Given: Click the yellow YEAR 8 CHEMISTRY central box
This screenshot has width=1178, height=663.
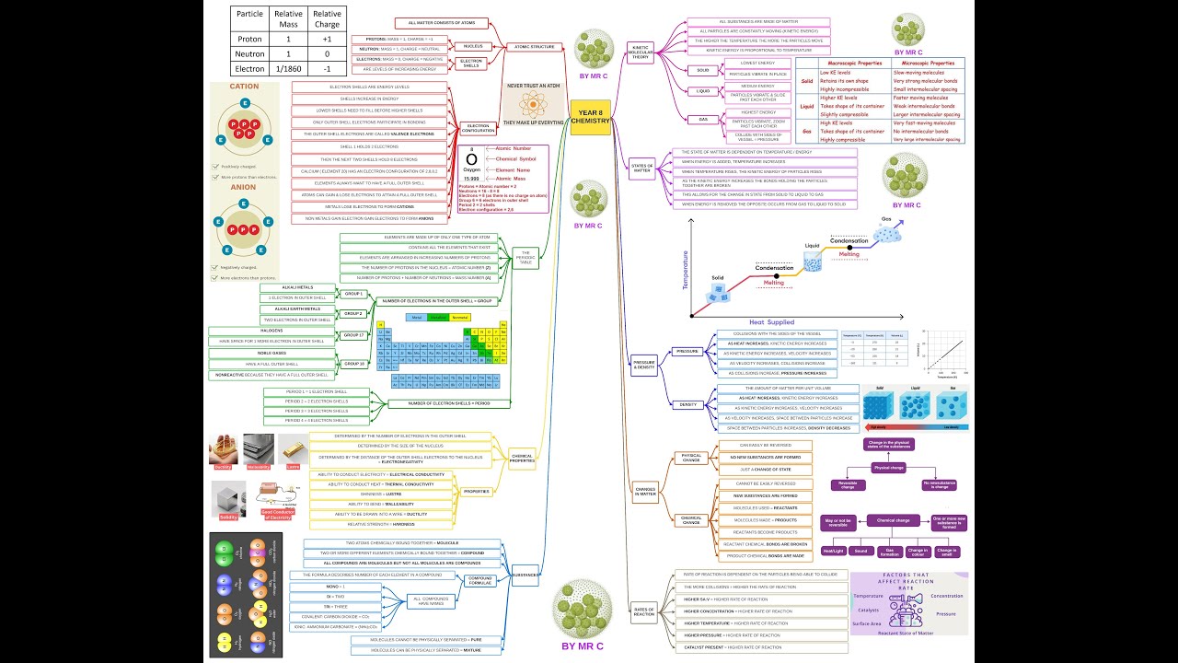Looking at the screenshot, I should pos(590,117).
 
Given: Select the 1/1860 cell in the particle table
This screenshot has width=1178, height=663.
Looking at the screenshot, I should pos(288,68).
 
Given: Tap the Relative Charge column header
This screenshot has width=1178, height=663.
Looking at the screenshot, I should pos(327,19).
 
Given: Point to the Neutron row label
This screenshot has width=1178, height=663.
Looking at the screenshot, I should pos(249,54).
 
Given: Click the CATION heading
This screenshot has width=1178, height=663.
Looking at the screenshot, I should pos(244,87).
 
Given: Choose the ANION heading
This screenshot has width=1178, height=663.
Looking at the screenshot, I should pos(244,187).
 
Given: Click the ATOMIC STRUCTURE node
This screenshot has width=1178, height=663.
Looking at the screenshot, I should pos(534,46).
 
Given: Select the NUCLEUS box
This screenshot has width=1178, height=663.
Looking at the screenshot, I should pos(474,46).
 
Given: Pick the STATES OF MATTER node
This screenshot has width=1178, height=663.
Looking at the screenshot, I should pos(641,169).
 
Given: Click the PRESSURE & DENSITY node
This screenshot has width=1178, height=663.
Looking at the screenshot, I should pos(644,365).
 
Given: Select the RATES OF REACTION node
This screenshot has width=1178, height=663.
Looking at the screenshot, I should pos(644,611).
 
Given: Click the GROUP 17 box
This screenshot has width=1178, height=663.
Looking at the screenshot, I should pos(354,335).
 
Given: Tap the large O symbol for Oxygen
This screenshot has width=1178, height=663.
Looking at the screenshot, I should pos(471,159).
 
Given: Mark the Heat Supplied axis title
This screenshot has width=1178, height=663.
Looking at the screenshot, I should pos(771,322).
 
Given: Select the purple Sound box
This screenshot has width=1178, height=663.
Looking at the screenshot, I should pos(860,551).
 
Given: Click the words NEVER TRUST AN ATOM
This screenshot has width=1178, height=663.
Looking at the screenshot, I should pos(534,85).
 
